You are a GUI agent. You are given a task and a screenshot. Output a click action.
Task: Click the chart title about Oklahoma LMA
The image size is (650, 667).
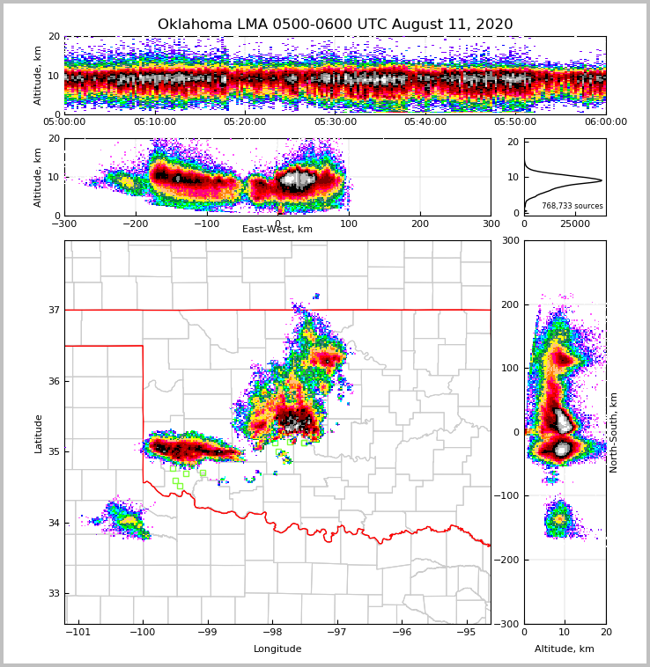coord(335,25)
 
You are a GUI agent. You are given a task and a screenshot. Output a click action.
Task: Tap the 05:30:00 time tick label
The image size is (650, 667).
coord(336,122)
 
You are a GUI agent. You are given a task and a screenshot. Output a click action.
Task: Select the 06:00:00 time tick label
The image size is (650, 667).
coord(606,122)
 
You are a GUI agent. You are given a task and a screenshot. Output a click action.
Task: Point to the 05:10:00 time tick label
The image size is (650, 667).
coord(155,122)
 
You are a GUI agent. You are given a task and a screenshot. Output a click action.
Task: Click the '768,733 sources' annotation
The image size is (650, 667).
coord(572,206)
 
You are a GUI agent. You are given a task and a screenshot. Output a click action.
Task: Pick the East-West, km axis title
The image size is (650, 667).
coord(277,230)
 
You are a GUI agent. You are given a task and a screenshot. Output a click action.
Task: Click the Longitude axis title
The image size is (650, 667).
coord(277,649)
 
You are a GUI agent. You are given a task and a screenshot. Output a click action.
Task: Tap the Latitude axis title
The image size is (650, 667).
coord(39,433)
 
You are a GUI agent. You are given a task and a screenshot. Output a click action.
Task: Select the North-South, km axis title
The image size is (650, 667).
coord(614,432)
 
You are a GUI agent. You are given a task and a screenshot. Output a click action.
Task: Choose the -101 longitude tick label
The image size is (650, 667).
coord(79,632)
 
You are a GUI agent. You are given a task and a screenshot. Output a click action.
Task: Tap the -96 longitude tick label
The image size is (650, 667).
coord(402,632)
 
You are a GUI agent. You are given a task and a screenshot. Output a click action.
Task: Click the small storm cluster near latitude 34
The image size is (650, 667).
coord(125,519)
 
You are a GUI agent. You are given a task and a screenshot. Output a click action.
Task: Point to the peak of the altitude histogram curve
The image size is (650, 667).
coord(602,180)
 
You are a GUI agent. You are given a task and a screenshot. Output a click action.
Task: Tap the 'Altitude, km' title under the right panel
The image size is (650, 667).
coord(565,649)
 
